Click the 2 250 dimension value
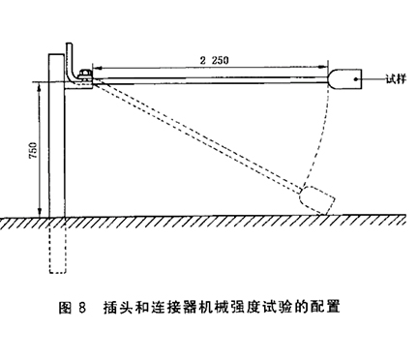point(209,60)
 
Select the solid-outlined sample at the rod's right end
point(343,76)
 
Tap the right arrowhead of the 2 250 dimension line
point(326,67)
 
